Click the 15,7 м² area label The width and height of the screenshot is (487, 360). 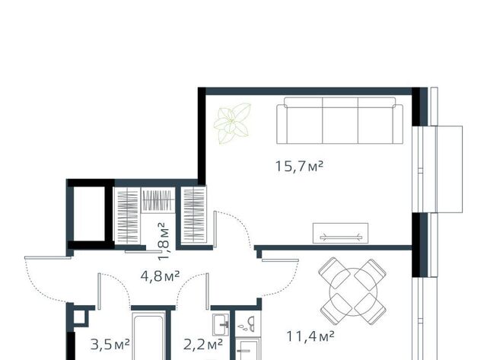click(299, 166)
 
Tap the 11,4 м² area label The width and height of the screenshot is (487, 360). click(310, 336)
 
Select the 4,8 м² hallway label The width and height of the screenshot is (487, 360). click(160, 276)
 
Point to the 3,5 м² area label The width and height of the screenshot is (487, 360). click(110, 345)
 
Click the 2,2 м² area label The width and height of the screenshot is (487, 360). click(203, 345)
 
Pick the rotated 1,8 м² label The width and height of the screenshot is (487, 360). click(164, 241)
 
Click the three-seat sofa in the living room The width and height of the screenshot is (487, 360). click(340, 120)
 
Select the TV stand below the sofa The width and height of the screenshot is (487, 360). click(340, 233)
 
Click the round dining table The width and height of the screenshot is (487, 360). click(353, 292)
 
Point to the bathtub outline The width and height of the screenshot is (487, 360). click(148, 336)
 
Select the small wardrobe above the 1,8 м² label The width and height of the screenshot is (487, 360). click(158, 200)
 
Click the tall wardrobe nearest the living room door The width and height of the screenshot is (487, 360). click(193, 215)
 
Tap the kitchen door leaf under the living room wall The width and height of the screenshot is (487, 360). click(280, 260)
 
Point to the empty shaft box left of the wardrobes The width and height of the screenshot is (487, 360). click(90, 214)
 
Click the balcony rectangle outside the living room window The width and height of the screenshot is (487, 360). click(450, 169)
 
